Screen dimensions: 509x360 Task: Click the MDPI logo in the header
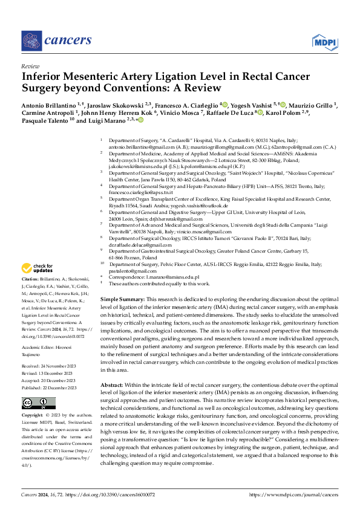pos(324,41)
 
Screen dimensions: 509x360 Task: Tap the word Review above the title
pos(30,67)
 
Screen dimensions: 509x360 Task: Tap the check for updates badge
pos(38,268)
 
